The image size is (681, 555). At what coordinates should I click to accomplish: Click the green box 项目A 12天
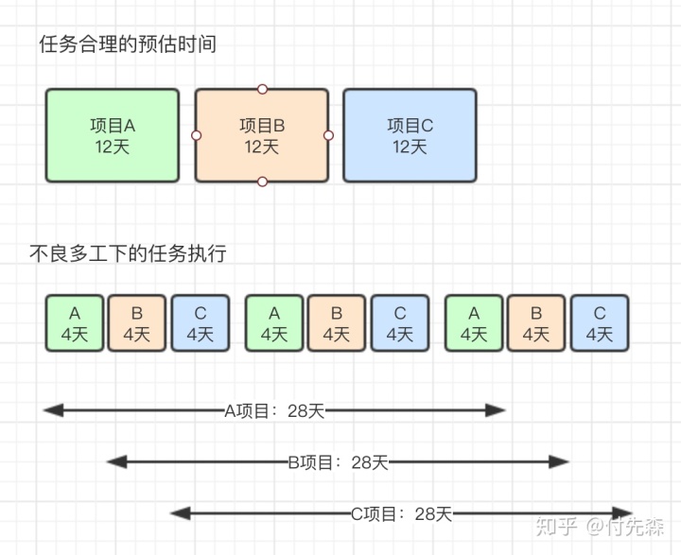point(113,135)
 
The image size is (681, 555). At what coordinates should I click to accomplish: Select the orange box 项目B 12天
point(262,135)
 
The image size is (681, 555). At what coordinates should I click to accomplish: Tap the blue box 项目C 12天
point(410,135)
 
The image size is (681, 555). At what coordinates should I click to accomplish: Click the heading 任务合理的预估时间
point(128,44)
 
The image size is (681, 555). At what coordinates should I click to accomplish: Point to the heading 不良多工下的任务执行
point(128,253)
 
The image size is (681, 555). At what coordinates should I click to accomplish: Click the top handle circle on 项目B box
point(262,89)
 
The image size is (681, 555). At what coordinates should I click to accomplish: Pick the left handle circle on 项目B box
point(196,135)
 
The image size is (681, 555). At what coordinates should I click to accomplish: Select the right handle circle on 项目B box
point(328,135)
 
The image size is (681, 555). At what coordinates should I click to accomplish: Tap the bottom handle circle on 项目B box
point(262,182)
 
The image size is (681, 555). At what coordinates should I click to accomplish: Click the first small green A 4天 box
point(75,322)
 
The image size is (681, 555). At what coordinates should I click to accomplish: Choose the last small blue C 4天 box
point(600,322)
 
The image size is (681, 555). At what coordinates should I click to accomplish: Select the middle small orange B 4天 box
point(337,322)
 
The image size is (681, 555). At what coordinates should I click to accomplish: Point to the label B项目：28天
point(338,462)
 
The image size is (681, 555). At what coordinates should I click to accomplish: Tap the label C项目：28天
point(402,513)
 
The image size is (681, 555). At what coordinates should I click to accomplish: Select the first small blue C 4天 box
point(201,322)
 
